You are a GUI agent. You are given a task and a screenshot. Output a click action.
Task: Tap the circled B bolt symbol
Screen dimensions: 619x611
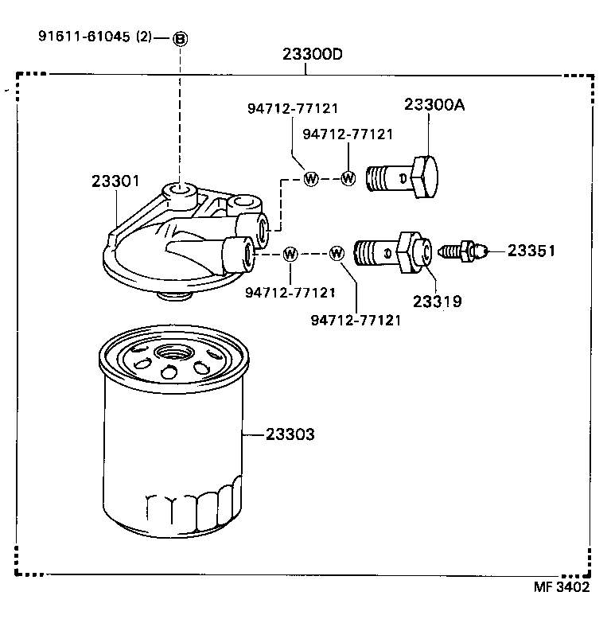click(181, 38)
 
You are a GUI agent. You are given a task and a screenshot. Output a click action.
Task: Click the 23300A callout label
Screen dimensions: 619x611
click(434, 104)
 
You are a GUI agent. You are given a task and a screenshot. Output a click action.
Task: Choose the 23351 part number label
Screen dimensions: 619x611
click(531, 251)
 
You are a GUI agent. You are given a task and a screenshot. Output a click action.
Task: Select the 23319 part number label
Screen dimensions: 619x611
click(437, 302)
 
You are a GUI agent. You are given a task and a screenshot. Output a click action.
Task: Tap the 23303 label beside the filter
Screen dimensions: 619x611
click(290, 434)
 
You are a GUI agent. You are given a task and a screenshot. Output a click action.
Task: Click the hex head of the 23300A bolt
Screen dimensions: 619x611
click(425, 177)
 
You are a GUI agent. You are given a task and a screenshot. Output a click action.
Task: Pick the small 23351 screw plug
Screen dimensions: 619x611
click(465, 251)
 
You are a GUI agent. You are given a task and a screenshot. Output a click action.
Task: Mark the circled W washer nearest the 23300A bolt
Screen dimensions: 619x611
click(348, 178)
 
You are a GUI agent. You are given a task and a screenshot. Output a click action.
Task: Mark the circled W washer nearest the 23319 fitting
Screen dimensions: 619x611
click(337, 254)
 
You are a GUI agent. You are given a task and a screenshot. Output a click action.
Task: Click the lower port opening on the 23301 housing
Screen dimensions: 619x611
click(248, 254)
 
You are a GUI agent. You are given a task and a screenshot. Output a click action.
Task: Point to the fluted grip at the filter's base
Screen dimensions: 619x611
click(191, 509)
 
